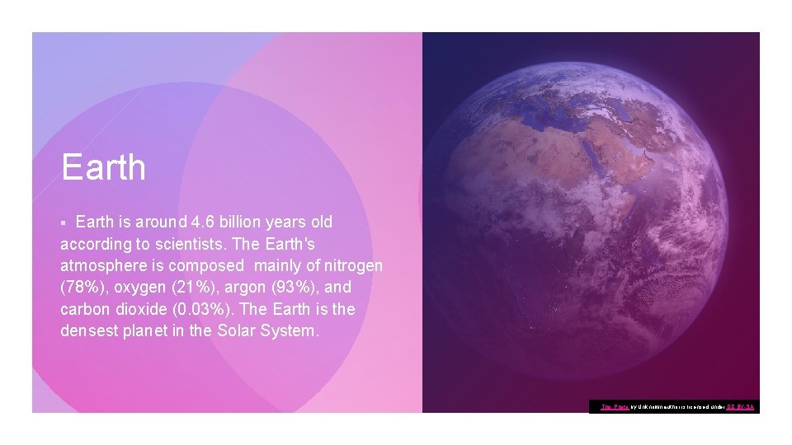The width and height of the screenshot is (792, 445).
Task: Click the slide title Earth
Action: [104, 167]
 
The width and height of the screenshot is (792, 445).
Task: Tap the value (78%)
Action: [82, 288]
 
